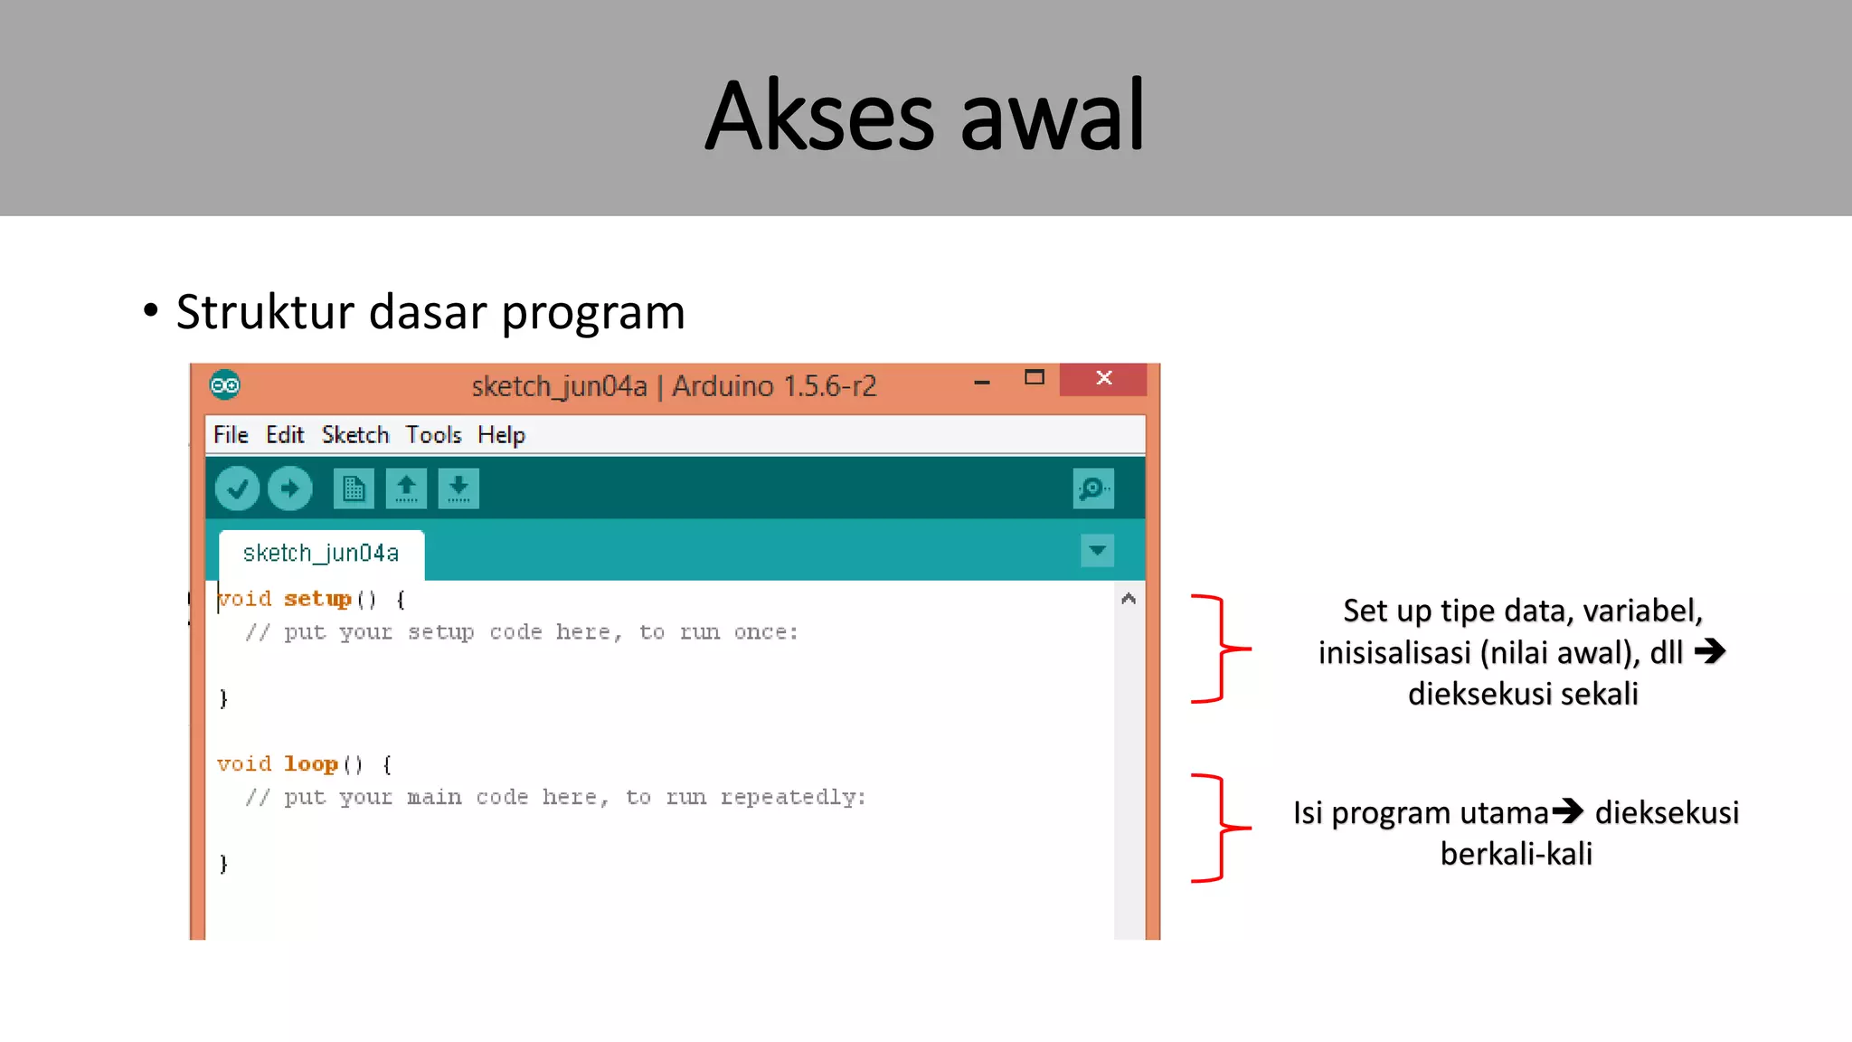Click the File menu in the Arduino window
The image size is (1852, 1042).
click(x=231, y=435)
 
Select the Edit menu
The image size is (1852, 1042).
click(x=285, y=435)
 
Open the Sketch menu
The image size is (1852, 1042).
click(x=355, y=435)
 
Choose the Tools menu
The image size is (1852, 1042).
click(x=433, y=435)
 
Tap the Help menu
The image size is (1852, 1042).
click(x=501, y=435)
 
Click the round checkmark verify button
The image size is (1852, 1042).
click(x=238, y=489)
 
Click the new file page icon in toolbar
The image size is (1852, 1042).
click(x=354, y=489)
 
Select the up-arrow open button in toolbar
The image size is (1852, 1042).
click(x=406, y=489)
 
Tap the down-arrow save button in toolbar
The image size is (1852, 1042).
click(x=458, y=489)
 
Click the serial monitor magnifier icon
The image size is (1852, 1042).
click(x=1092, y=489)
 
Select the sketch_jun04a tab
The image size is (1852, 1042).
click(x=321, y=553)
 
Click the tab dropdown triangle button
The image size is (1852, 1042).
click(x=1097, y=550)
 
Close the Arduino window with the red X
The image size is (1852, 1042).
click(x=1103, y=378)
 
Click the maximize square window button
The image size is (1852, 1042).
click(x=1035, y=378)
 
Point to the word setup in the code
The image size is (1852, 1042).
click(x=317, y=599)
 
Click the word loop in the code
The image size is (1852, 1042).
click(x=310, y=764)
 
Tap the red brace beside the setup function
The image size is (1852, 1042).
click(x=1220, y=649)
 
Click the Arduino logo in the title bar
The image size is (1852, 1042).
click(x=225, y=385)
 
